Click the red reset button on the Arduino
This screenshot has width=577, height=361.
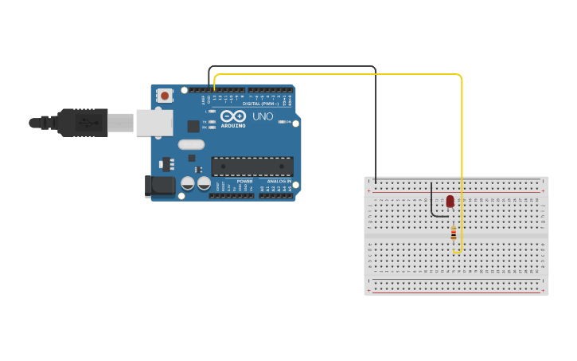point(165,96)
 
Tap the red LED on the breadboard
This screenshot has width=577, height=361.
point(450,201)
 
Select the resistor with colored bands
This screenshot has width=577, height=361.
point(454,233)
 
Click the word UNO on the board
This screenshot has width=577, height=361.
point(263,116)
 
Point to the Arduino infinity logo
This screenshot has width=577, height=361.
point(233,116)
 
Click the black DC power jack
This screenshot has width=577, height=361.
point(161,186)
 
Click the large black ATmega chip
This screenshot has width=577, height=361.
point(251,167)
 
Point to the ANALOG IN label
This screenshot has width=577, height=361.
point(278,181)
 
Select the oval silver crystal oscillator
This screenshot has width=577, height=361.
point(192,144)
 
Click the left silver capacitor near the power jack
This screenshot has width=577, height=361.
point(188,183)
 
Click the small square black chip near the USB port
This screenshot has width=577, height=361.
point(193,126)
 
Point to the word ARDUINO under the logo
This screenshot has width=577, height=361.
point(233,125)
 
